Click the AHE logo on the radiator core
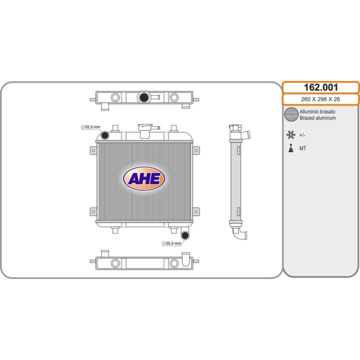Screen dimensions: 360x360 click(144, 178)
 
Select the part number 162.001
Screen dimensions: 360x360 click(320, 87)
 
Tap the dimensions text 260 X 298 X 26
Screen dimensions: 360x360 click(320, 99)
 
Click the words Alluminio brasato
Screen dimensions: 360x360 click(317, 111)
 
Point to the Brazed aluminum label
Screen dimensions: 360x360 click(317, 118)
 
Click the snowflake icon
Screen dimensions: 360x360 click(291, 135)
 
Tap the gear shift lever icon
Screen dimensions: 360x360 click(291, 148)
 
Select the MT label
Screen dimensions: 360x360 click(302, 148)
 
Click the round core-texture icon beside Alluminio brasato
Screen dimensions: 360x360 click(291, 114)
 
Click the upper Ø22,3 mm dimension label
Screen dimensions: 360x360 click(90, 127)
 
